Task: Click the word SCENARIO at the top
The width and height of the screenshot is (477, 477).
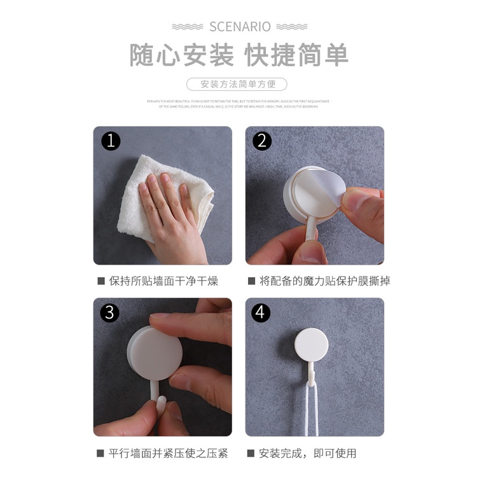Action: tap(240, 26)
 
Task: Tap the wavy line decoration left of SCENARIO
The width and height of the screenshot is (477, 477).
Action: tap(188, 26)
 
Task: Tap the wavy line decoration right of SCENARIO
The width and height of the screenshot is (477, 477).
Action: tap(291, 26)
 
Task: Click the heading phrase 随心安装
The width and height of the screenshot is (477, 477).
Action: tap(182, 55)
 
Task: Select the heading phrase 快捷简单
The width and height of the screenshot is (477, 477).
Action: tap(297, 55)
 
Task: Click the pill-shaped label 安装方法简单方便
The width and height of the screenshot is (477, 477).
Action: tap(237, 84)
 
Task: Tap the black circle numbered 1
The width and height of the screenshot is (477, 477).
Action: tap(111, 141)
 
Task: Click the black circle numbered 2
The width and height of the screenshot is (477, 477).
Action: tap(262, 141)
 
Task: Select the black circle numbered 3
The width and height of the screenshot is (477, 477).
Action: tap(111, 313)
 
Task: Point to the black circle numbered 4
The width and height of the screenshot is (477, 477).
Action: tap(262, 313)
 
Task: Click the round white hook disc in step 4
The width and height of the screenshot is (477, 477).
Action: tap(311, 343)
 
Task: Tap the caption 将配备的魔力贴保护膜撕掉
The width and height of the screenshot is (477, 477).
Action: tap(319, 280)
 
